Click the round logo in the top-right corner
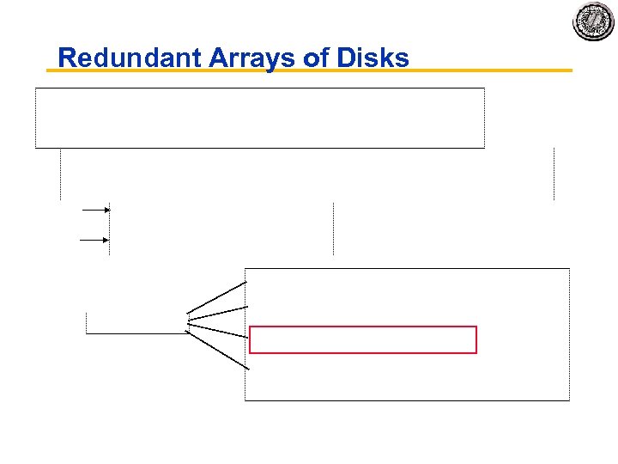click(x=594, y=21)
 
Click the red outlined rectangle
click(x=362, y=339)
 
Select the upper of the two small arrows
click(x=95, y=209)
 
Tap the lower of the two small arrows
click(x=95, y=240)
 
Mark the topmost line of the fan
click(x=217, y=296)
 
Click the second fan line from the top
click(x=217, y=314)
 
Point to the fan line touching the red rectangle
click(x=219, y=330)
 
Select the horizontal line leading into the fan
click(x=137, y=333)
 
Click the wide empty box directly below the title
click(x=259, y=118)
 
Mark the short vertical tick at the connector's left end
click(x=87, y=323)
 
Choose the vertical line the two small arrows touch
click(x=110, y=229)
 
